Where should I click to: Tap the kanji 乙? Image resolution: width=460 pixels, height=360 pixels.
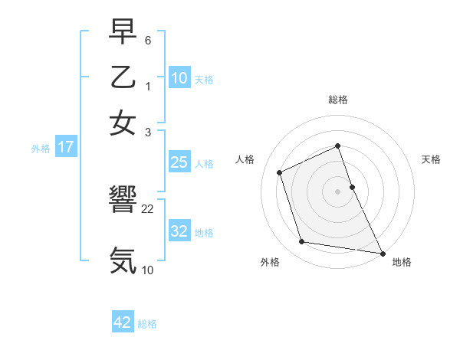123,78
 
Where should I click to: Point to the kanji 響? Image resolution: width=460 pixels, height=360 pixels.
123,201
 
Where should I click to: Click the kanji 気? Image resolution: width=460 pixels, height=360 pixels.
123,260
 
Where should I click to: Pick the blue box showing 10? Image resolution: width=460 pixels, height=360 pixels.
179,78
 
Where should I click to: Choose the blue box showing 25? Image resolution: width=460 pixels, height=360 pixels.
179,162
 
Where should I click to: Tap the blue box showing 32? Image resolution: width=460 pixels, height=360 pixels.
179,231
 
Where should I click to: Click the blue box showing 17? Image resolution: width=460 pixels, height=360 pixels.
65,148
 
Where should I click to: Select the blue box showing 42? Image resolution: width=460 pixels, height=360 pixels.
123,322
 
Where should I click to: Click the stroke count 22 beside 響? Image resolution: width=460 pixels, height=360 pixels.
148,208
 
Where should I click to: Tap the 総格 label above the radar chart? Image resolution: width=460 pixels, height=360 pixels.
338,100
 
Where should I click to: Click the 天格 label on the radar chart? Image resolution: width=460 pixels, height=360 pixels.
431,159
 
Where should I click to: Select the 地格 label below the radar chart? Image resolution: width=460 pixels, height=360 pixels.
402,262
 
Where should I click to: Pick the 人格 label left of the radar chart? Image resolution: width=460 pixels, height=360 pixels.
245,159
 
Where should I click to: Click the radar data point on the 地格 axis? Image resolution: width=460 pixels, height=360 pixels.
382,252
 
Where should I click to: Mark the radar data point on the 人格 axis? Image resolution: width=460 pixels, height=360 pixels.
280,172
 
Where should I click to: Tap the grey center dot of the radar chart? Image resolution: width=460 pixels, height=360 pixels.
338,191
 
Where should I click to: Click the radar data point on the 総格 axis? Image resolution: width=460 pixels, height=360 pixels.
338,146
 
